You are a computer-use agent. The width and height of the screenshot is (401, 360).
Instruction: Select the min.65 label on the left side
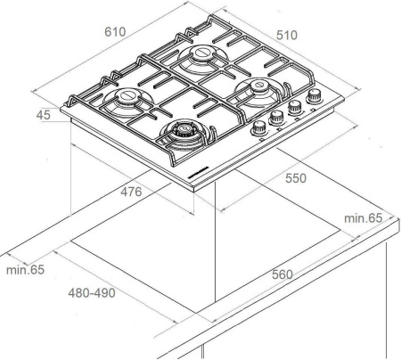pyautogui.click(x=24, y=268)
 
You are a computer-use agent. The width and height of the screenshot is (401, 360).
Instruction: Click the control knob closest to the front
pyautogui.click(x=259, y=127)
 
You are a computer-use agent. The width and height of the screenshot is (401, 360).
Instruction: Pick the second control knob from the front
pyautogui.click(x=277, y=117)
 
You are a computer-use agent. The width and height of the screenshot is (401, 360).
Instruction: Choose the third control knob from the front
pyautogui.click(x=295, y=107)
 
